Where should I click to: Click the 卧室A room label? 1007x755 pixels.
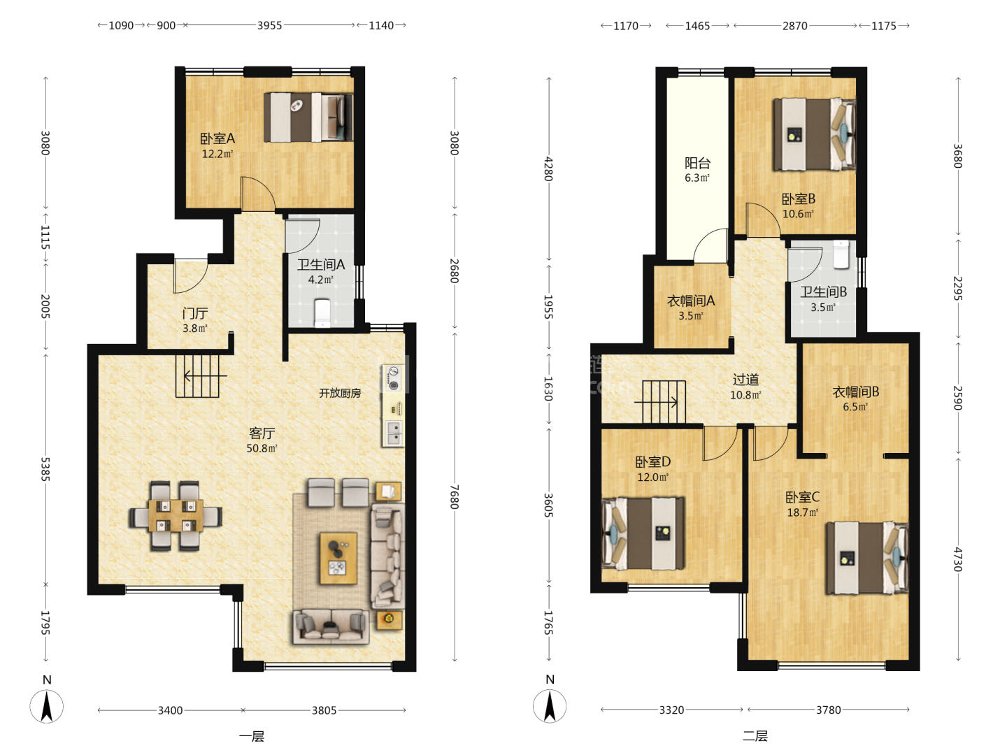tap(217, 138)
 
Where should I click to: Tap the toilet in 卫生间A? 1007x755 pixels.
tap(322, 312)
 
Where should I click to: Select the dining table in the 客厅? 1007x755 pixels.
tap(176, 516)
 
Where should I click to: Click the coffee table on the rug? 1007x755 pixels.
tap(338, 558)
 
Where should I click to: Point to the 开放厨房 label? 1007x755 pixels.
tap(340, 393)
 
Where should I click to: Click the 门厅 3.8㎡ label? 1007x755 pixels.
tap(195, 320)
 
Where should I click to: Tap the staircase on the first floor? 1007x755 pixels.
tap(198, 376)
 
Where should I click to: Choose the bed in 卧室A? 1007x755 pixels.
tap(308, 117)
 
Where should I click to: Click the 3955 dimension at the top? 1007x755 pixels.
tap(269, 25)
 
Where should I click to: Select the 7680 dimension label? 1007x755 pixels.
tap(454, 496)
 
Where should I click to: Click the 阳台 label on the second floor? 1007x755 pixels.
tap(697, 163)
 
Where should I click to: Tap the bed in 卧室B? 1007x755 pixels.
tap(814, 135)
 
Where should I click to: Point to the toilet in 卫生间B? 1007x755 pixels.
tap(841, 254)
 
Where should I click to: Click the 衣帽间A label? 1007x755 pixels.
tap(690, 301)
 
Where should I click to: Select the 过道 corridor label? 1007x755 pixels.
tap(745, 380)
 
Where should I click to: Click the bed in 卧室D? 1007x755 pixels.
tap(643, 533)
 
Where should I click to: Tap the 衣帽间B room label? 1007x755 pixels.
tap(856, 392)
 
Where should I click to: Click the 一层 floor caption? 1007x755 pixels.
tap(252, 736)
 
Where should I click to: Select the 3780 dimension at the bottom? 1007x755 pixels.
tap(829, 710)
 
